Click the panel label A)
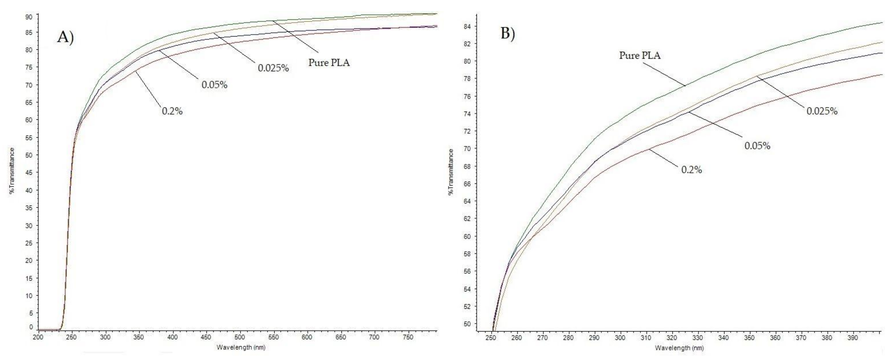point(65,37)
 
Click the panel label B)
point(508,33)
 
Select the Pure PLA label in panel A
point(329,63)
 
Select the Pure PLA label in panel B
point(640,55)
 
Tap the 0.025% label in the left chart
point(273,68)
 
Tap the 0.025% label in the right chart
point(822,111)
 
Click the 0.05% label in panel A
point(214,85)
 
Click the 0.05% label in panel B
point(757,146)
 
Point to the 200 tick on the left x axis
point(38,337)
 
